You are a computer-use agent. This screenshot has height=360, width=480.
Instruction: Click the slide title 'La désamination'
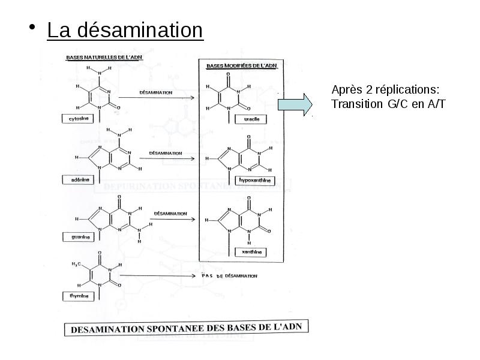point(125,30)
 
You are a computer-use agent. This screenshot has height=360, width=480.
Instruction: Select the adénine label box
point(77,179)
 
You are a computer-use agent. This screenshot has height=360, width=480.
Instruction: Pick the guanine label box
point(77,236)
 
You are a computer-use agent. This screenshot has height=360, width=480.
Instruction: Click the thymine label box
point(77,296)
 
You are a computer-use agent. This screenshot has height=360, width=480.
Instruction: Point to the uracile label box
point(251,119)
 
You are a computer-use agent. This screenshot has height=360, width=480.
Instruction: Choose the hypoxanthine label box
point(255,179)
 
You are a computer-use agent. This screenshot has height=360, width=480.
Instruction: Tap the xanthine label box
point(251,253)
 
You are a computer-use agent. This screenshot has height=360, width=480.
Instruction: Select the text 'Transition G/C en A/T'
point(389,104)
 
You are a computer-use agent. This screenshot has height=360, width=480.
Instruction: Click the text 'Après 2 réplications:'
point(385,89)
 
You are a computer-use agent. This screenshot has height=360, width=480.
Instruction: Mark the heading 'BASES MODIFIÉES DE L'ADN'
point(241,65)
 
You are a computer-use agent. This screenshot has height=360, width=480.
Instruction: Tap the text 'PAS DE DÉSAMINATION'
point(228,276)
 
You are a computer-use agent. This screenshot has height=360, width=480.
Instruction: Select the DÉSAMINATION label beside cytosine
point(155,93)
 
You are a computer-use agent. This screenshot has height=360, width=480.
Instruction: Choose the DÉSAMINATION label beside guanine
point(170,213)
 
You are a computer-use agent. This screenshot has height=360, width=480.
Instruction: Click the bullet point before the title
point(34,29)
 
